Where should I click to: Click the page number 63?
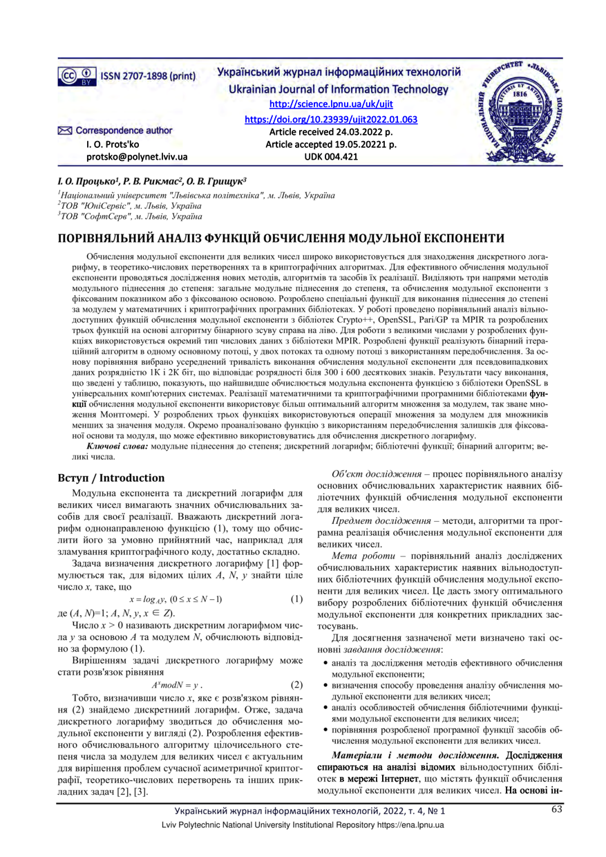click(x=557, y=811)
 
